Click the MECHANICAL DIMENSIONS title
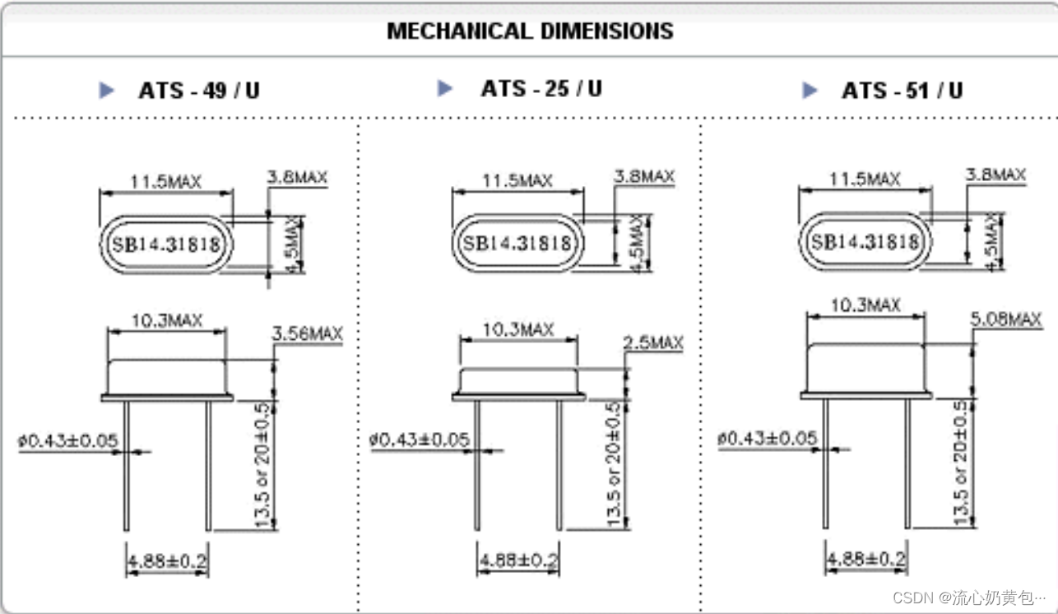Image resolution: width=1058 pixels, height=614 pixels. tap(530, 31)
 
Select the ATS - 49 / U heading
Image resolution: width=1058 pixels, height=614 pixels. tap(199, 91)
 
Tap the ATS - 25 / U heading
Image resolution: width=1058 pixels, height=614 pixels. tap(541, 88)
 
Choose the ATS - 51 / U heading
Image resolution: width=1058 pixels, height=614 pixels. tap(903, 91)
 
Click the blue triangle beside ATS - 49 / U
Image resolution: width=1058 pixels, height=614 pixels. tap(107, 91)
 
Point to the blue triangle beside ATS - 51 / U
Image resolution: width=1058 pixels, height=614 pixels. tap(810, 91)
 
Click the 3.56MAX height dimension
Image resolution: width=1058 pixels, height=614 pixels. tap(308, 333)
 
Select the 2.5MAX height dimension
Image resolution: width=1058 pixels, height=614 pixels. tap(653, 342)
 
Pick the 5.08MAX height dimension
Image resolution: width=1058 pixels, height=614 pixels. tap(1006, 319)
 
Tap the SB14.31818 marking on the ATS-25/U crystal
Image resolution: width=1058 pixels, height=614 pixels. tap(517, 243)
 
